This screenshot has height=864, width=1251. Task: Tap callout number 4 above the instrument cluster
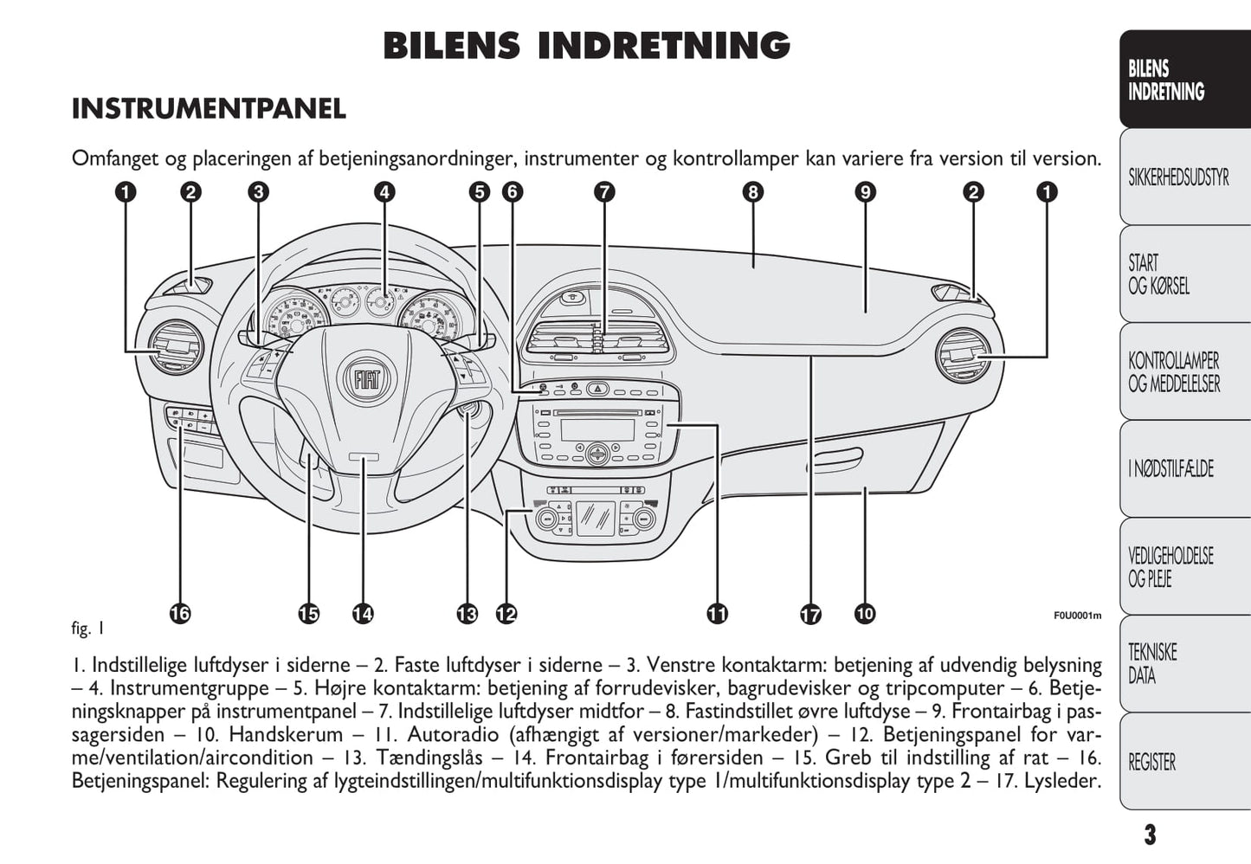point(384,192)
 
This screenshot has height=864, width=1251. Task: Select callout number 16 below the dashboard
point(179,614)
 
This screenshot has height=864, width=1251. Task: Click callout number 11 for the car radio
point(717,614)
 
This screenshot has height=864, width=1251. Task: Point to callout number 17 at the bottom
point(810,615)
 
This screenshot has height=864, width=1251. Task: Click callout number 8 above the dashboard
point(752,192)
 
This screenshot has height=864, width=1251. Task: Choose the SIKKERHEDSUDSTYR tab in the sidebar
point(1178,178)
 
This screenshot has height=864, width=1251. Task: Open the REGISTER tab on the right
point(1151,763)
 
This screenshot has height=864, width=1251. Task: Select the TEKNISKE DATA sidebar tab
point(1152,663)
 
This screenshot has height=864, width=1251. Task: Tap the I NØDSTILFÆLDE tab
point(1170,469)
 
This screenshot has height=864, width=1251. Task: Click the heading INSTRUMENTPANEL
point(209,109)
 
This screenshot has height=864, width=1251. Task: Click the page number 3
point(1149,835)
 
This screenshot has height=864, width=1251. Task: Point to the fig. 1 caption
point(87,629)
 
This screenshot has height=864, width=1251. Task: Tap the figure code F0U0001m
point(1077,616)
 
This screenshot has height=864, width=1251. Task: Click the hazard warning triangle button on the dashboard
point(598,390)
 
